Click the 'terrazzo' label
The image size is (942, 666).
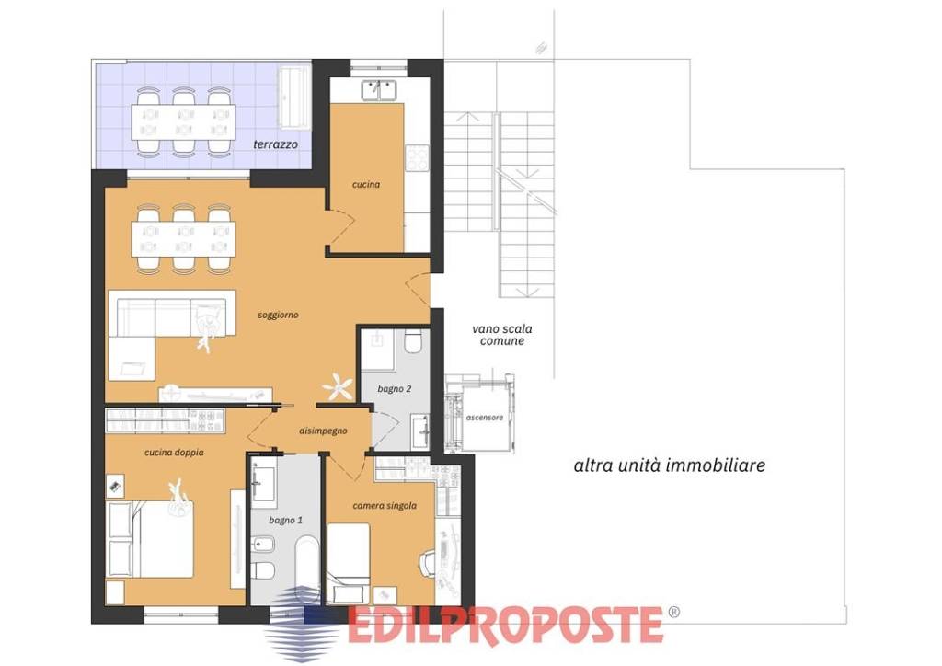pos(275,144)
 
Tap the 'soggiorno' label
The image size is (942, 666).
pos(278,315)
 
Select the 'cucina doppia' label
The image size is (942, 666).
pos(174,453)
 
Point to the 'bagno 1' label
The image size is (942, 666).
pos(285,520)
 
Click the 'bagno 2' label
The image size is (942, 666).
pos(394,388)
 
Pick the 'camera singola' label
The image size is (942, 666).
pos(385,506)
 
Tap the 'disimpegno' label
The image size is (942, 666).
pos(323,431)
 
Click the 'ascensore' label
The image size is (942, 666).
pos(485,418)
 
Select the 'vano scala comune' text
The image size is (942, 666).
pos(502,335)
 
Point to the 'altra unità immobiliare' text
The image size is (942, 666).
pos(670,465)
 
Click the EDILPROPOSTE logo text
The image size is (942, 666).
pos(505,626)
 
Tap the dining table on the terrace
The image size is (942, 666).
pos(183,122)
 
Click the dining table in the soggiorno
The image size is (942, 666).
pos(183,239)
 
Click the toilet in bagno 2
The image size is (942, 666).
pos(413,340)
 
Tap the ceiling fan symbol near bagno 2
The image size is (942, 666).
pos(339,386)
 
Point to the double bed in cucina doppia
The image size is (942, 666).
pos(150,539)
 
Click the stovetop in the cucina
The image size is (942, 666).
pos(417,158)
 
